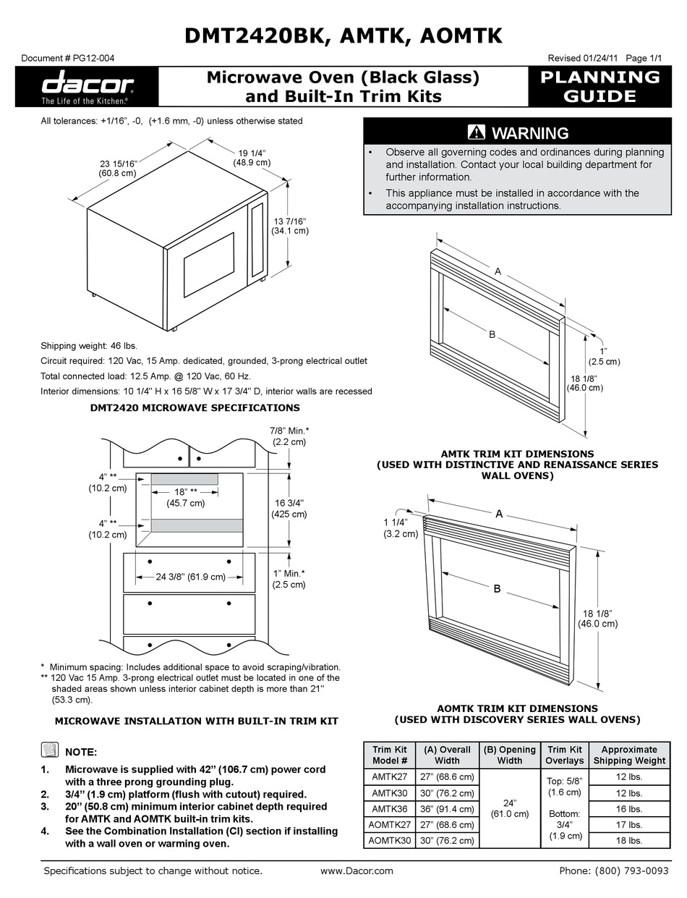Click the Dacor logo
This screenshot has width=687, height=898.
pyautogui.click(x=86, y=86)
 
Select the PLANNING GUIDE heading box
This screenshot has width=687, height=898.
pyautogui.click(x=600, y=86)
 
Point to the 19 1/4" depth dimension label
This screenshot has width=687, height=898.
pyautogui.click(x=252, y=158)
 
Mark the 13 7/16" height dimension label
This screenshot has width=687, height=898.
pyautogui.click(x=289, y=226)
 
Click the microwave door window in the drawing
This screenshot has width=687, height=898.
pyautogui.click(x=208, y=265)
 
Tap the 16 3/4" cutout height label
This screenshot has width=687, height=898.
pyautogui.click(x=289, y=508)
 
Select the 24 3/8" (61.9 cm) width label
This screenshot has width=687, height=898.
pyautogui.click(x=189, y=577)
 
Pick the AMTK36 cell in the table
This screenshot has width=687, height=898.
pyautogui.click(x=390, y=809)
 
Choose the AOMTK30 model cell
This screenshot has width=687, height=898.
pyautogui.click(x=390, y=840)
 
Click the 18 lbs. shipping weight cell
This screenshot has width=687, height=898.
pyautogui.click(x=628, y=840)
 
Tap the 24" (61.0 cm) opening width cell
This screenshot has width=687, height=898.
pyautogui.click(x=509, y=809)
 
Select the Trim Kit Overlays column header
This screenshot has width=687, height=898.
pyautogui.click(x=565, y=755)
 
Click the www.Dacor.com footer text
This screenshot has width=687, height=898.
pyautogui.click(x=356, y=871)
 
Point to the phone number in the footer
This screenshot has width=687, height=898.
pyautogui.click(x=614, y=871)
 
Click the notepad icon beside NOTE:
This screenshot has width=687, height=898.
pyautogui.click(x=49, y=750)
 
